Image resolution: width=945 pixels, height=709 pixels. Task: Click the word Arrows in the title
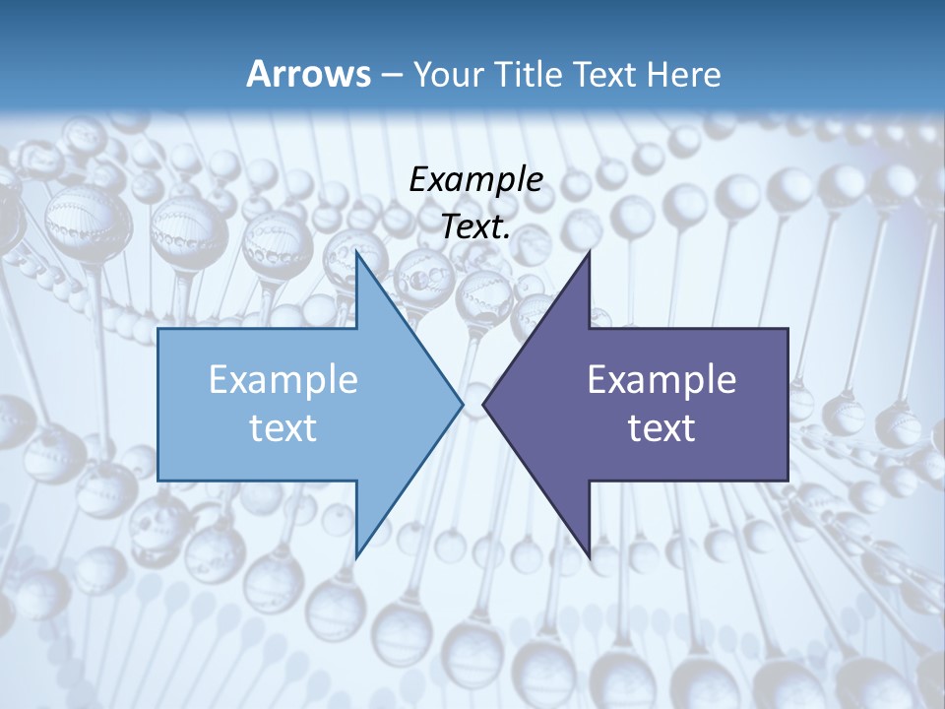308,74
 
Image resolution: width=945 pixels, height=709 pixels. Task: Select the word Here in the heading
685,74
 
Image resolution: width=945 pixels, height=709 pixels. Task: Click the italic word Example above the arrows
475,180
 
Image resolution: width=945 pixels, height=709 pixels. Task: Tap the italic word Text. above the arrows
475,227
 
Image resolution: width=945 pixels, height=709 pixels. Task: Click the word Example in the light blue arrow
283,380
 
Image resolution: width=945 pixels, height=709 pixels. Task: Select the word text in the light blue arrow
283,427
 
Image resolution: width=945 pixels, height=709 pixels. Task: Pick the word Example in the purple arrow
661,380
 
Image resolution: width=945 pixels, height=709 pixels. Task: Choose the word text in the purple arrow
661,427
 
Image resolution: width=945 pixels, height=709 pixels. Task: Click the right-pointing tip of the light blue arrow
462,403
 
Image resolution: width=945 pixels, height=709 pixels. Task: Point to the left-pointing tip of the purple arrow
484,403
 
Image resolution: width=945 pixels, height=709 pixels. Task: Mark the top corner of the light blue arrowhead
357,253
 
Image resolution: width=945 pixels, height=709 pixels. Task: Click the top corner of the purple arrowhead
589,253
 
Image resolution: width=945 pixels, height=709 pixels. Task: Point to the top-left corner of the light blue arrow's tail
158,329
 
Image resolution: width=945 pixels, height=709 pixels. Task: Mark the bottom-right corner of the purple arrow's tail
787,481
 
